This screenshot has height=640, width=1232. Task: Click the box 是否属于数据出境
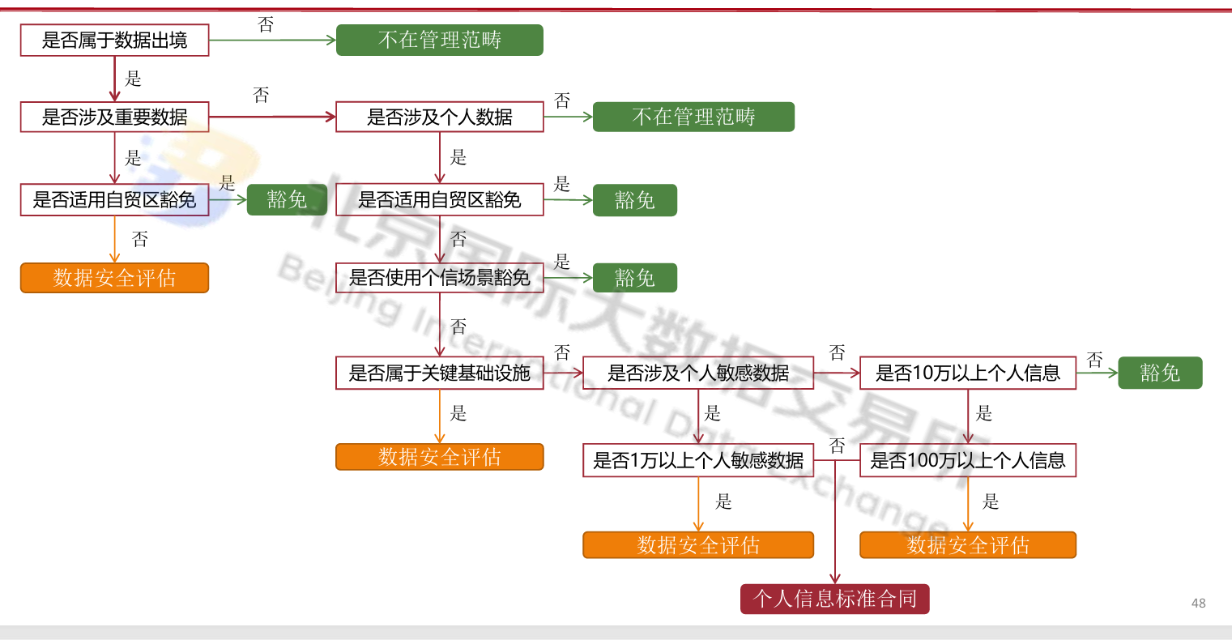tap(114, 40)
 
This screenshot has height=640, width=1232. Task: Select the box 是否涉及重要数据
tap(114, 117)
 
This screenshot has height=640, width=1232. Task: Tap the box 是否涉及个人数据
tap(439, 117)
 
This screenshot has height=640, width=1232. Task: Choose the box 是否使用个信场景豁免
tap(439, 278)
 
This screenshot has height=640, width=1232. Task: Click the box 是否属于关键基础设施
tap(439, 373)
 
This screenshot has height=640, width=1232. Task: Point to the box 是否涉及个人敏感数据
tap(697, 373)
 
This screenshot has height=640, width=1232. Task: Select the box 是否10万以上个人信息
tap(967, 373)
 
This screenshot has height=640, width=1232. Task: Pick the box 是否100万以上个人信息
tap(967, 460)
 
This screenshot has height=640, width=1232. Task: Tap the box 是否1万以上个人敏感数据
tap(697, 460)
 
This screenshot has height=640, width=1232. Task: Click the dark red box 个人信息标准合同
tap(834, 599)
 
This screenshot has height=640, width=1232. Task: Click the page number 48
tap(1198, 603)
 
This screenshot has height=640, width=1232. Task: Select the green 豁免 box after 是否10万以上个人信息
tap(1160, 373)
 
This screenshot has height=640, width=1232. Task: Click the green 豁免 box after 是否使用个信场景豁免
tap(634, 278)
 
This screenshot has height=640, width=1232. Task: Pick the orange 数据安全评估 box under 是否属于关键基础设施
tap(439, 457)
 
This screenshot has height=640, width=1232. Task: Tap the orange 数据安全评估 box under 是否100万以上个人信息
tap(967, 545)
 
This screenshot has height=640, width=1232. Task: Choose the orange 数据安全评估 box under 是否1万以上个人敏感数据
tap(697, 545)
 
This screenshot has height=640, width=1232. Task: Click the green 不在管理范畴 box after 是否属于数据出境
tap(439, 40)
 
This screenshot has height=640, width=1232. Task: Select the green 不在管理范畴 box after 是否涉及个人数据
tap(693, 117)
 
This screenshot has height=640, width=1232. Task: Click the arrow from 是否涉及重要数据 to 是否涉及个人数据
tap(272, 117)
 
